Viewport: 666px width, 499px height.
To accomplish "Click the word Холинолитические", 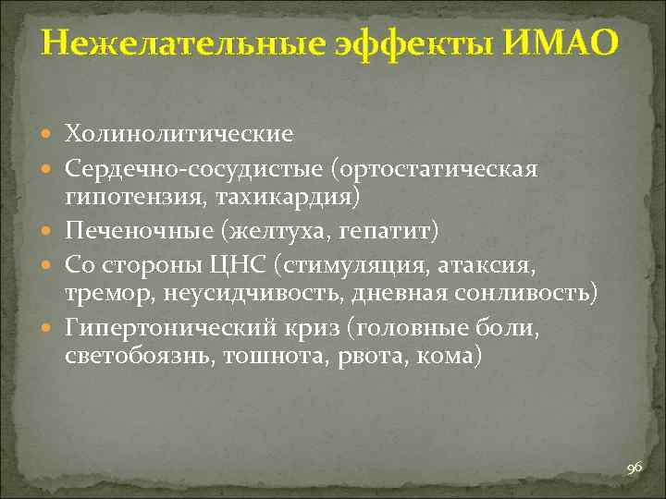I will (179, 135).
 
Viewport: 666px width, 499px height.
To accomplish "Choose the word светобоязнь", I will (136, 355).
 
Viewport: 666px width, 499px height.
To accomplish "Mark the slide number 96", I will (634, 470).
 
